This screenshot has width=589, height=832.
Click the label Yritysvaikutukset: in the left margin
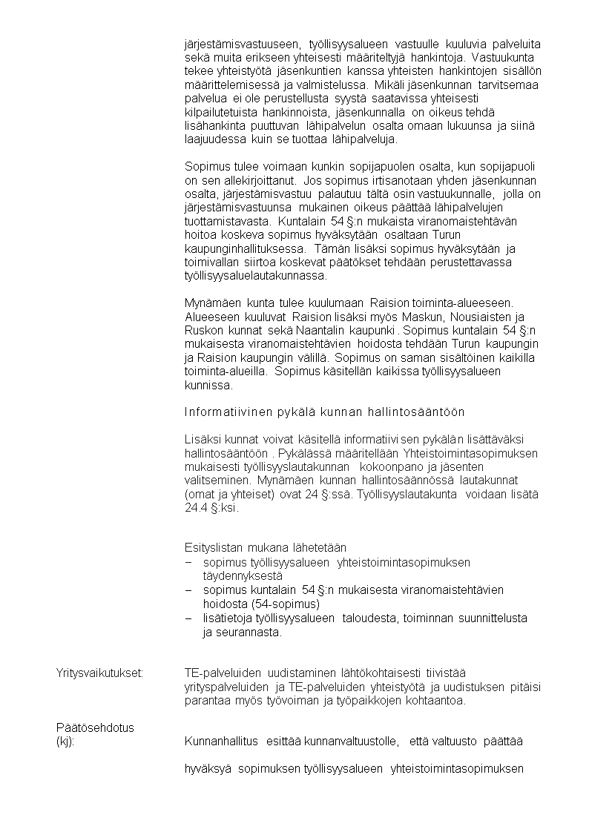point(100,673)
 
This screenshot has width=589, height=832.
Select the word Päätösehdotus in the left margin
point(95,727)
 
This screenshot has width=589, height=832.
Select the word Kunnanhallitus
point(221,741)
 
